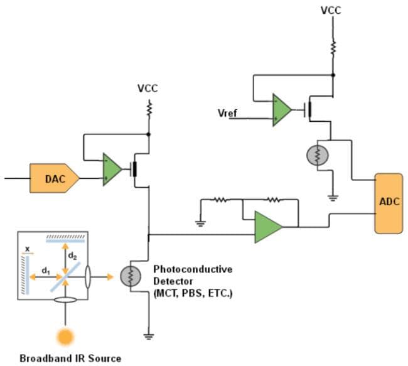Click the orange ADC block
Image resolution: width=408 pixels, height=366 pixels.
coord(389,202)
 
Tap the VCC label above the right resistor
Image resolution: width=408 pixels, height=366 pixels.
coord(332,11)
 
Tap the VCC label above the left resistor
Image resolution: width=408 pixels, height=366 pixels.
coord(148,89)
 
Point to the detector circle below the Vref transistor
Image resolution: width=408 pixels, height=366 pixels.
coord(317,155)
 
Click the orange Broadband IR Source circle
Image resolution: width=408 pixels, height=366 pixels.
coord(65,336)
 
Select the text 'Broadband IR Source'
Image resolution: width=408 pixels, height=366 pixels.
coord(70,358)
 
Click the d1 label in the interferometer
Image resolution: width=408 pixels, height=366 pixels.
coord(46,271)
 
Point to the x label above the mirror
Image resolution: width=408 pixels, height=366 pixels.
coord(27,249)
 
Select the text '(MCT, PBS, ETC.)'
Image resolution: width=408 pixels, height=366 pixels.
coord(193,292)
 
